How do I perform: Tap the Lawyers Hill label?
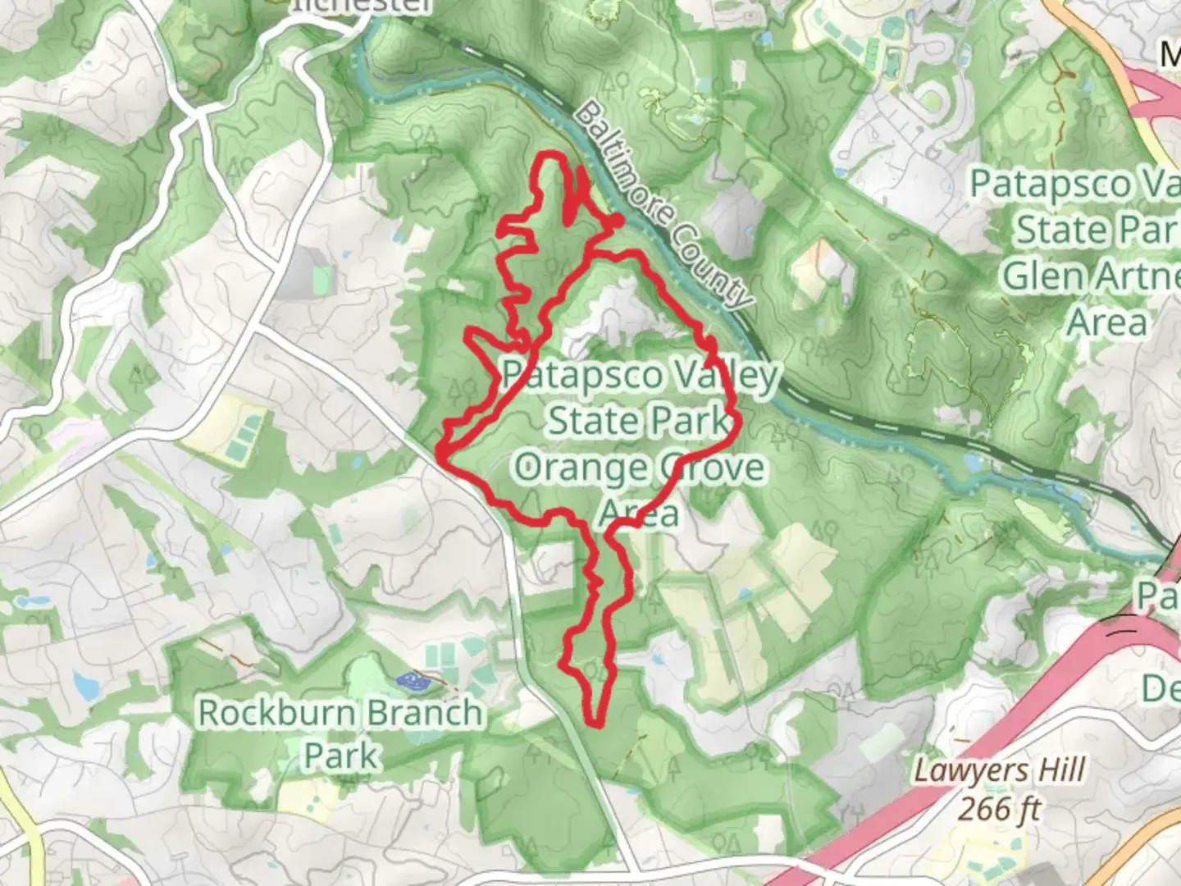[x=999, y=771]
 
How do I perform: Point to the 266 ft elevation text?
[x=999, y=810]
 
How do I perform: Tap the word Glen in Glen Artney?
[x=1036, y=276]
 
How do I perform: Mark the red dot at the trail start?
[x=617, y=220]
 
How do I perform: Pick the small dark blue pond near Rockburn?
[x=410, y=680]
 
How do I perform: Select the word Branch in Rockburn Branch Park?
[x=422, y=713]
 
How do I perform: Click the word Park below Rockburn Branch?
[x=340, y=756]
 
